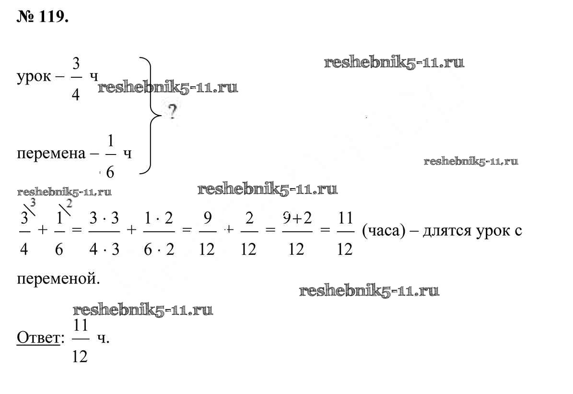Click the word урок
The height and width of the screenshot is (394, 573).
pyautogui.click(x=33, y=77)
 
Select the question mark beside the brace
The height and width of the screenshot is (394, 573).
pyautogui.click(x=172, y=113)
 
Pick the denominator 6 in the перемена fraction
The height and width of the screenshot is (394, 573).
pyautogui.click(x=110, y=172)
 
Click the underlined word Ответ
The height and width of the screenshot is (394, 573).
pyautogui.click(x=38, y=338)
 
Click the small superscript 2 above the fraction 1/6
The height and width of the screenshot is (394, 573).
pyautogui.click(x=69, y=204)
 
